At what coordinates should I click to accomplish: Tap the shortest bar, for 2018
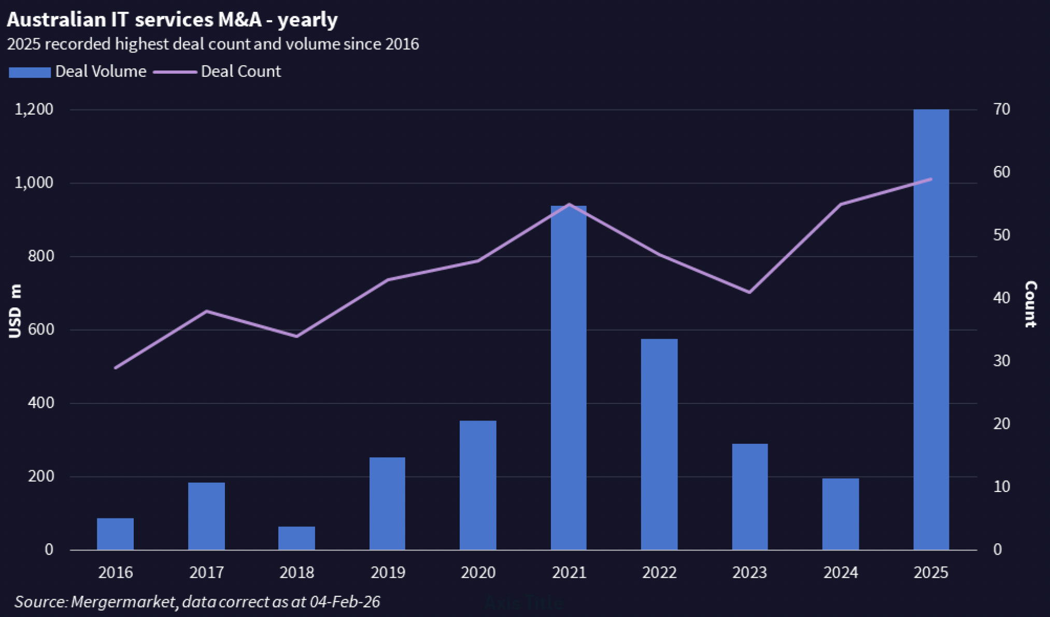point(296,538)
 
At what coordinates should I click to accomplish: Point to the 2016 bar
point(115,534)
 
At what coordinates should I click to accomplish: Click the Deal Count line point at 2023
point(749,292)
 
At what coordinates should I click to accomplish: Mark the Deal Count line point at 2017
point(206,311)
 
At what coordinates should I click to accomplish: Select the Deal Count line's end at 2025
point(931,179)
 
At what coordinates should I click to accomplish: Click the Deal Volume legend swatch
point(30,72)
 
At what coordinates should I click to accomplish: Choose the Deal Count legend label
point(240,72)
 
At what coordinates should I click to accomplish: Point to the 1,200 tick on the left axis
point(34,109)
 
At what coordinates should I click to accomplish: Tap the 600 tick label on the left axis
point(41,330)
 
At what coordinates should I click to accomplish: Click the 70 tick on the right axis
point(1001,109)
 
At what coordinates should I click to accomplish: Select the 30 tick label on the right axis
point(1001,361)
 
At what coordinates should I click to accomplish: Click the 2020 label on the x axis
point(478,572)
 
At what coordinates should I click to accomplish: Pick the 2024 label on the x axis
point(840,572)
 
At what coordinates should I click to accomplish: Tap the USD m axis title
point(16,311)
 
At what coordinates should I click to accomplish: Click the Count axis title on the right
point(1030,304)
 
